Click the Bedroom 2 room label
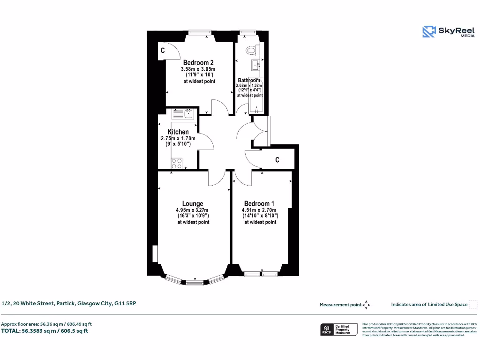tap(198, 63)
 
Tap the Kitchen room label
tap(178, 132)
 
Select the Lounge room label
tap(193, 203)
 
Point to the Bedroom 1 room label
tap(259, 203)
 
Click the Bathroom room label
tap(249, 80)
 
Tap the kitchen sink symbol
tap(188, 113)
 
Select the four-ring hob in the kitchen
tap(177, 163)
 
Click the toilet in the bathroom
tap(251, 50)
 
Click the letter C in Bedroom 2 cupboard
tap(163, 50)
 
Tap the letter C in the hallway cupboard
tap(277, 160)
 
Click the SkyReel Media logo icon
tap(428, 31)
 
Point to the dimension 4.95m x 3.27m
tap(193, 210)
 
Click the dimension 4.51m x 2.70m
tap(260, 210)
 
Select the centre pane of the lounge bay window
tap(195, 283)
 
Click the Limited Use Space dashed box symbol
tap(473, 305)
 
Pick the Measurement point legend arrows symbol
tap(366, 305)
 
